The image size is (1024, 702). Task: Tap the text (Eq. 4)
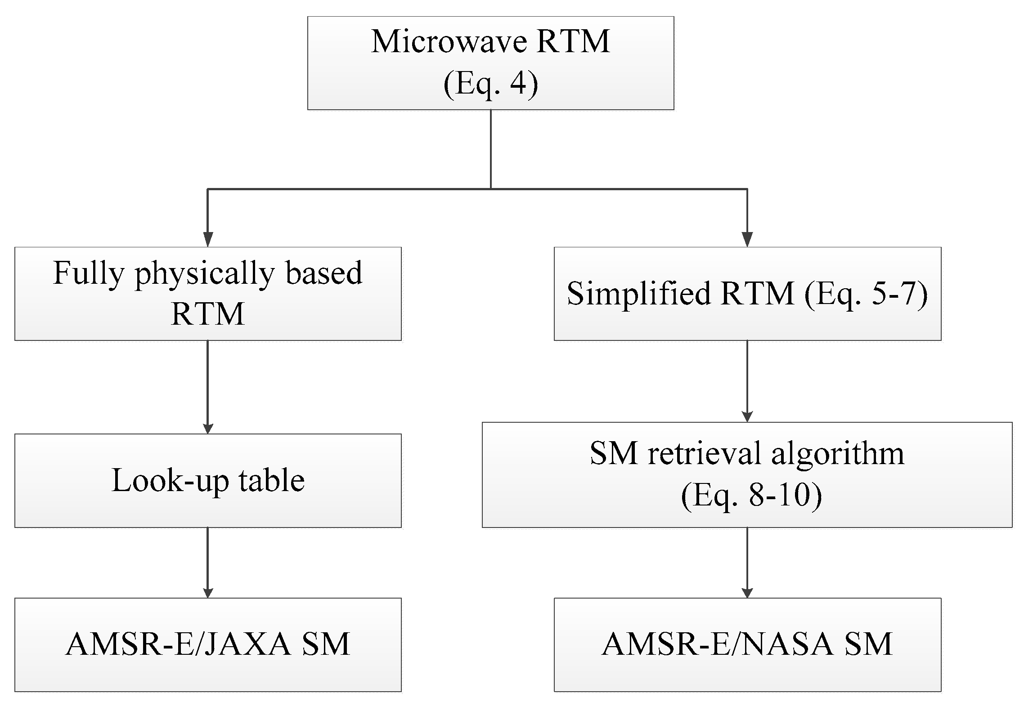pos(490,84)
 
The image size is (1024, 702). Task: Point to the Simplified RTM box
pos(747,294)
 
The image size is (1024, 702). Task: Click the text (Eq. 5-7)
pos(866,294)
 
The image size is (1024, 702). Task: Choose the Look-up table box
pos(207,480)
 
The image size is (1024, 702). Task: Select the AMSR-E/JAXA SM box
pos(207,644)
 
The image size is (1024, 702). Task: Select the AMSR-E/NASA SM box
pos(747,644)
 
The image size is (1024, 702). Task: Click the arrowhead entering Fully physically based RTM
pos(207,239)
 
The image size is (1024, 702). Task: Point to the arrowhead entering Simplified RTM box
pos(747,239)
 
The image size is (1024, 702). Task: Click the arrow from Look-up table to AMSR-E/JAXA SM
pos(207,562)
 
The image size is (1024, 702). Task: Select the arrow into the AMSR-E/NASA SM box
pos(747,562)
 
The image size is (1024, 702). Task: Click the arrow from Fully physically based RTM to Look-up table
pos(207,387)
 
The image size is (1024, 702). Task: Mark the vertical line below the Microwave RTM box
pos(490,148)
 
